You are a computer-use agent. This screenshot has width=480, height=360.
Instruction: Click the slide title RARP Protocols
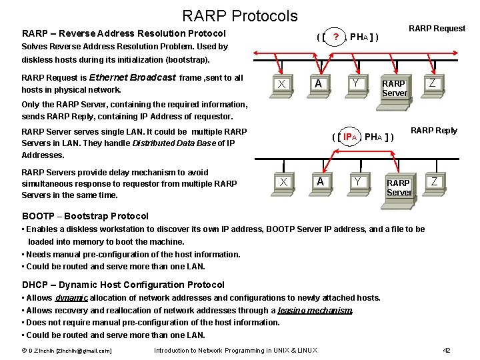click(239, 15)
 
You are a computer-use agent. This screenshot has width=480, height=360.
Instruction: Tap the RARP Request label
click(437, 28)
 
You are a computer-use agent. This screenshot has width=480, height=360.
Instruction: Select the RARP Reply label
click(433, 131)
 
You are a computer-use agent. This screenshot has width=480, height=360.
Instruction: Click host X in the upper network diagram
click(282, 84)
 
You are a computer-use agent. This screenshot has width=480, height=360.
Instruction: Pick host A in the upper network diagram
click(319, 83)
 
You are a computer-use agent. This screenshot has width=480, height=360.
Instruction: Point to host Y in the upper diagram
click(357, 83)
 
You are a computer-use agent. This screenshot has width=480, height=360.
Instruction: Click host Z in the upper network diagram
click(433, 83)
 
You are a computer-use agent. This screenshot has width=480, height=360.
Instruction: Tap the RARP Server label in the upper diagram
click(393, 88)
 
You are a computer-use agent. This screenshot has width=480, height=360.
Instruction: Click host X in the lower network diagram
click(284, 182)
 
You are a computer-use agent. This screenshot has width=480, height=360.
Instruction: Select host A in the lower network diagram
click(321, 181)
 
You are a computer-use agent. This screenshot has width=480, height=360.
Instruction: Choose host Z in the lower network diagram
click(435, 181)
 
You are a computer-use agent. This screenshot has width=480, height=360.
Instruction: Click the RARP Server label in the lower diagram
click(399, 187)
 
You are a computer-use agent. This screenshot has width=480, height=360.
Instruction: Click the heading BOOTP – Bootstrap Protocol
click(85, 216)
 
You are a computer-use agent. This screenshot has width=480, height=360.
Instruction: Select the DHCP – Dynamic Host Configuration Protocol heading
click(123, 285)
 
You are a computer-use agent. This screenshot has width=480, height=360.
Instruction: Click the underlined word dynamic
click(71, 298)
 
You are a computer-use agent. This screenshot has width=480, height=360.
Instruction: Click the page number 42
click(447, 351)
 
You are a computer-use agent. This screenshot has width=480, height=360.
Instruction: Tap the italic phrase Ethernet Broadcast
click(132, 77)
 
